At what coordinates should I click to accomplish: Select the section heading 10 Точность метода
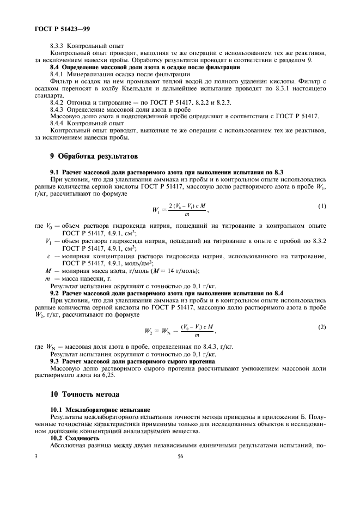click(x=85, y=394)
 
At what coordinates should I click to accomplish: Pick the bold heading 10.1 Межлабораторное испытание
click(x=100, y=409)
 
